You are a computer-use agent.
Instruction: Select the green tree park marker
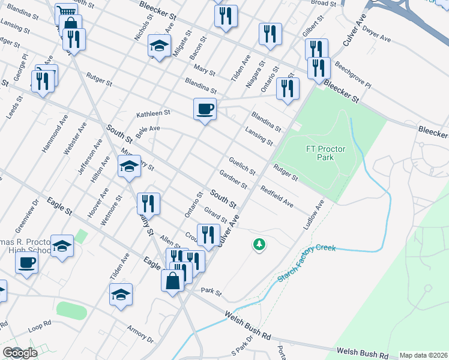(x=259, y=244)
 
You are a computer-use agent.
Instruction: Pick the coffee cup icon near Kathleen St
(x=205, y=109)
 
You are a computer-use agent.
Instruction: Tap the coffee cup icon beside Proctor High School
(x=26, y=262)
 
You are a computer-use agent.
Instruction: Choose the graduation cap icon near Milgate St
(x=159, y=46)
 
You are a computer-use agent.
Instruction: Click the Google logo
(x=20, y=352)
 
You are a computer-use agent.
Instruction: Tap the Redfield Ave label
(x=277, y=197)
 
